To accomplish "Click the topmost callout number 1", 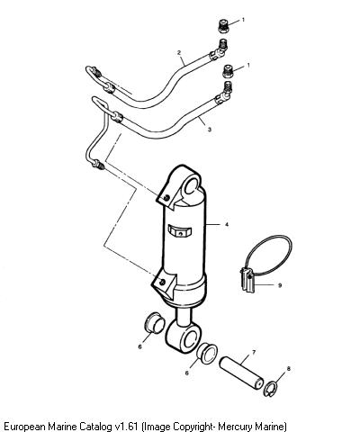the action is click(243, 20).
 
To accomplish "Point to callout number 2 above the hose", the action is click(179, 53).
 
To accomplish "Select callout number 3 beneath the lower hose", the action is click(210, 130).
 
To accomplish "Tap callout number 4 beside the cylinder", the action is click(227, 224).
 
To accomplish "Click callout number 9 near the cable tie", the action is click(280, 285).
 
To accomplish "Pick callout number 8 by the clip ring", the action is click(289, 369).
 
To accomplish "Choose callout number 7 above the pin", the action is click(254, 352).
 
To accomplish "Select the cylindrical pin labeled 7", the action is click(242, 373).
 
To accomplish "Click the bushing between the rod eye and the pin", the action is click(207, 354).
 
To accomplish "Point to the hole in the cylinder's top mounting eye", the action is click(191, 185).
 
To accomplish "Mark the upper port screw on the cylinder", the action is click(166, 197).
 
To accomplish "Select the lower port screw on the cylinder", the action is click(162, 282).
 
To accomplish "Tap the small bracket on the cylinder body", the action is click(179, 231).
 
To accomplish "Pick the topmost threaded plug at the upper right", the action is click(222, 25).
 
